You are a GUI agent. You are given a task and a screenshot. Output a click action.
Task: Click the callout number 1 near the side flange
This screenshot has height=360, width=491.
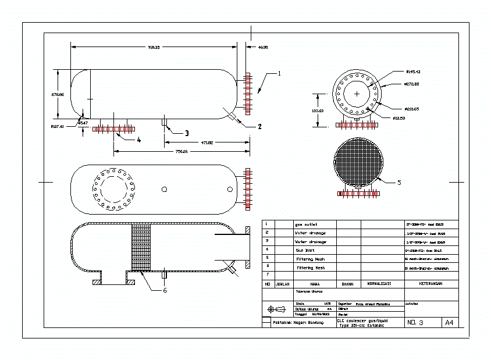click(279, 74)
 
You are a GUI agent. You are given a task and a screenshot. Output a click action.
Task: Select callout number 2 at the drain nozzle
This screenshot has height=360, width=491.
click(260, 126)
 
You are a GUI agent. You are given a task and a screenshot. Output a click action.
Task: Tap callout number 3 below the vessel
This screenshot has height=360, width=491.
click(186, 133)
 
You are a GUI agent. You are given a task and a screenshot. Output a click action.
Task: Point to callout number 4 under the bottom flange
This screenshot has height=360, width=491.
click(138, 140)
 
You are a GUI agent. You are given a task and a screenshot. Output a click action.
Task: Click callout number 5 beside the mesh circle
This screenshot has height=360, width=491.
click(399, 183)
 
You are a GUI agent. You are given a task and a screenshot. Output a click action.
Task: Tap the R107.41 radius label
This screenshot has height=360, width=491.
click(57, 126)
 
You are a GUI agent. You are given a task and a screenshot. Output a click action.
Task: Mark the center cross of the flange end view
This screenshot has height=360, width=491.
click(357, 94)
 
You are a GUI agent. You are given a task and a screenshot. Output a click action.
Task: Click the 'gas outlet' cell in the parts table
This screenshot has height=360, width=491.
click(306, 224)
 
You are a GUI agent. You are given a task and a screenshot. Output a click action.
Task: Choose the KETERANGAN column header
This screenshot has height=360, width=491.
click(430, 284)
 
